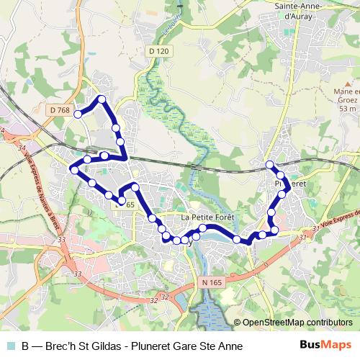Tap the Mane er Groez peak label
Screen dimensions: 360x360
pos(346,96)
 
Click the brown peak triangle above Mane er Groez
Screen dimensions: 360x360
pos(348,84)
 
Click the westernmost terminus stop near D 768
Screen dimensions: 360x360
pos(78,114)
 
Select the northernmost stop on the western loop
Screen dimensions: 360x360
pos(102,99)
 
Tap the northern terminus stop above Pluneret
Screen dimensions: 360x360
pos(270,165)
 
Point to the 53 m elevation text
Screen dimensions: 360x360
pos(348,109)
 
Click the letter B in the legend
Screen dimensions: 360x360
pos(25,346)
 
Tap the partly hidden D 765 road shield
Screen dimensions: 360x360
pos(127,205)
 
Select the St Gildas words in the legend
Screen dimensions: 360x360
pos(100,346)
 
